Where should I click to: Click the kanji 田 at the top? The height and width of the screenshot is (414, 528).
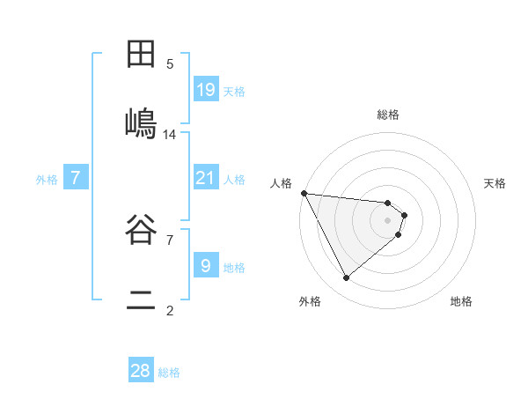click(141, 55)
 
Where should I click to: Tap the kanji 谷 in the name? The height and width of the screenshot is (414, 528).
click(141, 232)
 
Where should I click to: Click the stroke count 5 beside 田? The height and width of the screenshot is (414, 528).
click(170, 64)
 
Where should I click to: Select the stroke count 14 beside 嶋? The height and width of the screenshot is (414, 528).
click(170, 135)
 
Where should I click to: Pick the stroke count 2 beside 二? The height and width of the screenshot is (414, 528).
click(170, 310)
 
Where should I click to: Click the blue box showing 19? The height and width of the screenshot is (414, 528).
click(205, 89)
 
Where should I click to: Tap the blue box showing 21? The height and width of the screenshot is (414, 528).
click(205, 178)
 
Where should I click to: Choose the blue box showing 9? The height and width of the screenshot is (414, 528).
click(205, 265)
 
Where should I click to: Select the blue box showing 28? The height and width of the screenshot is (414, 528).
click(141, 371)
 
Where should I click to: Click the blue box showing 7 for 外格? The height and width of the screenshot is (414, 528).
click(76, 178)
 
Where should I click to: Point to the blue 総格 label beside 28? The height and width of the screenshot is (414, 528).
click(169, 373)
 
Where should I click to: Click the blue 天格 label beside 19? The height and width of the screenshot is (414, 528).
click(234, 91)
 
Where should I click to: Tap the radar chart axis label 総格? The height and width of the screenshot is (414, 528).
click(388, 115)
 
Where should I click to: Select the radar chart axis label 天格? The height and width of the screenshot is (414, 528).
click(495, 183)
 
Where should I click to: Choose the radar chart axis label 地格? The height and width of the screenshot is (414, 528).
click(461, 301)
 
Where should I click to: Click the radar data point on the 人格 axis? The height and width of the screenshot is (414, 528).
click(303, 193)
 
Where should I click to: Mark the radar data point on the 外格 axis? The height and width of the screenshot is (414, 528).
click(346, 277)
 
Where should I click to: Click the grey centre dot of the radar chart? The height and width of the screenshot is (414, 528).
click(388, 219)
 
